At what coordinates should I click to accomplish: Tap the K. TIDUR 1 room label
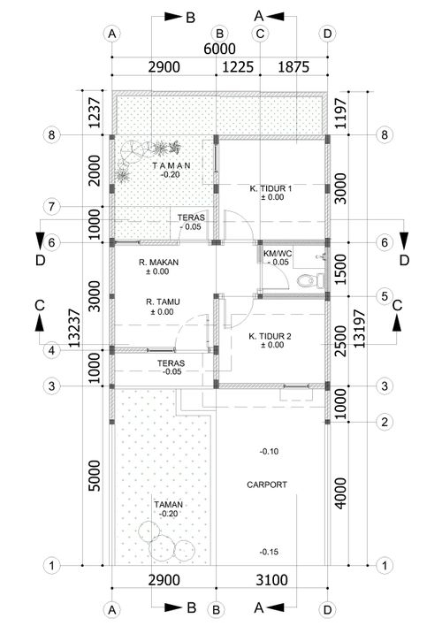[271, 188]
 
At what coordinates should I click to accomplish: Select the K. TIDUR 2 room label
[270, 337]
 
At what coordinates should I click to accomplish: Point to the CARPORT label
[267, 485]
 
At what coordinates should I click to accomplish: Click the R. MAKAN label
[158, 263]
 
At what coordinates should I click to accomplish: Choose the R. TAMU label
[163, 302]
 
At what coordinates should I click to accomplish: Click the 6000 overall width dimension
[219, 49]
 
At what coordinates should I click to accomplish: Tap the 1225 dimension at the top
[238, 66]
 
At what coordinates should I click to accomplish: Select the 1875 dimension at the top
[293, 66]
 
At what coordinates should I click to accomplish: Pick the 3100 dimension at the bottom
[271, 580]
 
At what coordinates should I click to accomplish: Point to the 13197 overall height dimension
[360, 328]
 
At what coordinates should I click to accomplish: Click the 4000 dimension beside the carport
[340, 493]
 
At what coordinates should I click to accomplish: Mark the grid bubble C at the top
[260, 34]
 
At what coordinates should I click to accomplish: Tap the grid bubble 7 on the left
[51, 207]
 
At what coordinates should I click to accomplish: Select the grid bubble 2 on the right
[385, 422]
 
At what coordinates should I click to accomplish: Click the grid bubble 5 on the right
[385, 296]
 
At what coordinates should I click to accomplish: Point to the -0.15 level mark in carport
[269, 552]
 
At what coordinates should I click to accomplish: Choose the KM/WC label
[278, 254]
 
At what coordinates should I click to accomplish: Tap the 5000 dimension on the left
[95, 476]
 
